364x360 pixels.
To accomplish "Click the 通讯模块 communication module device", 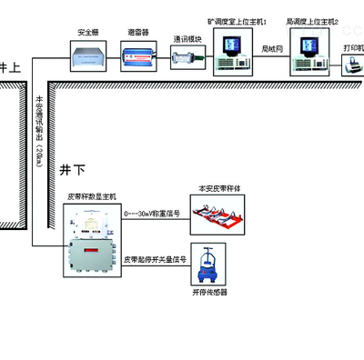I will point(188,57).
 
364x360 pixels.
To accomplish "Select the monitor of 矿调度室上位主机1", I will point(230,44).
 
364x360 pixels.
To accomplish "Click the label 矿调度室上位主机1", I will point(238,20).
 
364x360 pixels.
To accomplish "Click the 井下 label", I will point(72,170).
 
